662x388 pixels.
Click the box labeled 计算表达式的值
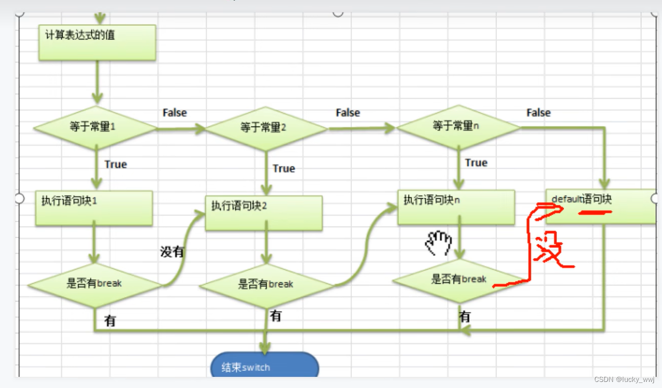[x=97, y=42]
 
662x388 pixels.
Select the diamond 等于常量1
[x=94, y=127]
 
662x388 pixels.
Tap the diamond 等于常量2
[x=266, y=128]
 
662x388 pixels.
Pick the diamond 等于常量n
[x=458, y=126]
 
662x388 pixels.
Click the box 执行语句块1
[x=94, y=207]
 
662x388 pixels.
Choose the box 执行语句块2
[x=264, y=213]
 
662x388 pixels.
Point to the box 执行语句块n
[x=456, y=207]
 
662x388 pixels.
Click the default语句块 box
[x=600, y=206]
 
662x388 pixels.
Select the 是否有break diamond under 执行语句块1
[x=94, y=284]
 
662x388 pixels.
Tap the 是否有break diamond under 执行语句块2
[x=266, y=285]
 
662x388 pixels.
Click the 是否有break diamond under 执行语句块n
[x=459, y=280]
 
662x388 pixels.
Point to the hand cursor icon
[x=438, y=243]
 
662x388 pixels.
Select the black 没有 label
[x=172, y=251]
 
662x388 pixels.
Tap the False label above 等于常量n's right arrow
[x=538, y=113]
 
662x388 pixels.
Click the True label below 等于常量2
[x=284, y=168]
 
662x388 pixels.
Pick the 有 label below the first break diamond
[x=110, y=321]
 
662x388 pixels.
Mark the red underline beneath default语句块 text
[x=595, y=212]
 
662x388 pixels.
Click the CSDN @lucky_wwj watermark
[x=624, y=379]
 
